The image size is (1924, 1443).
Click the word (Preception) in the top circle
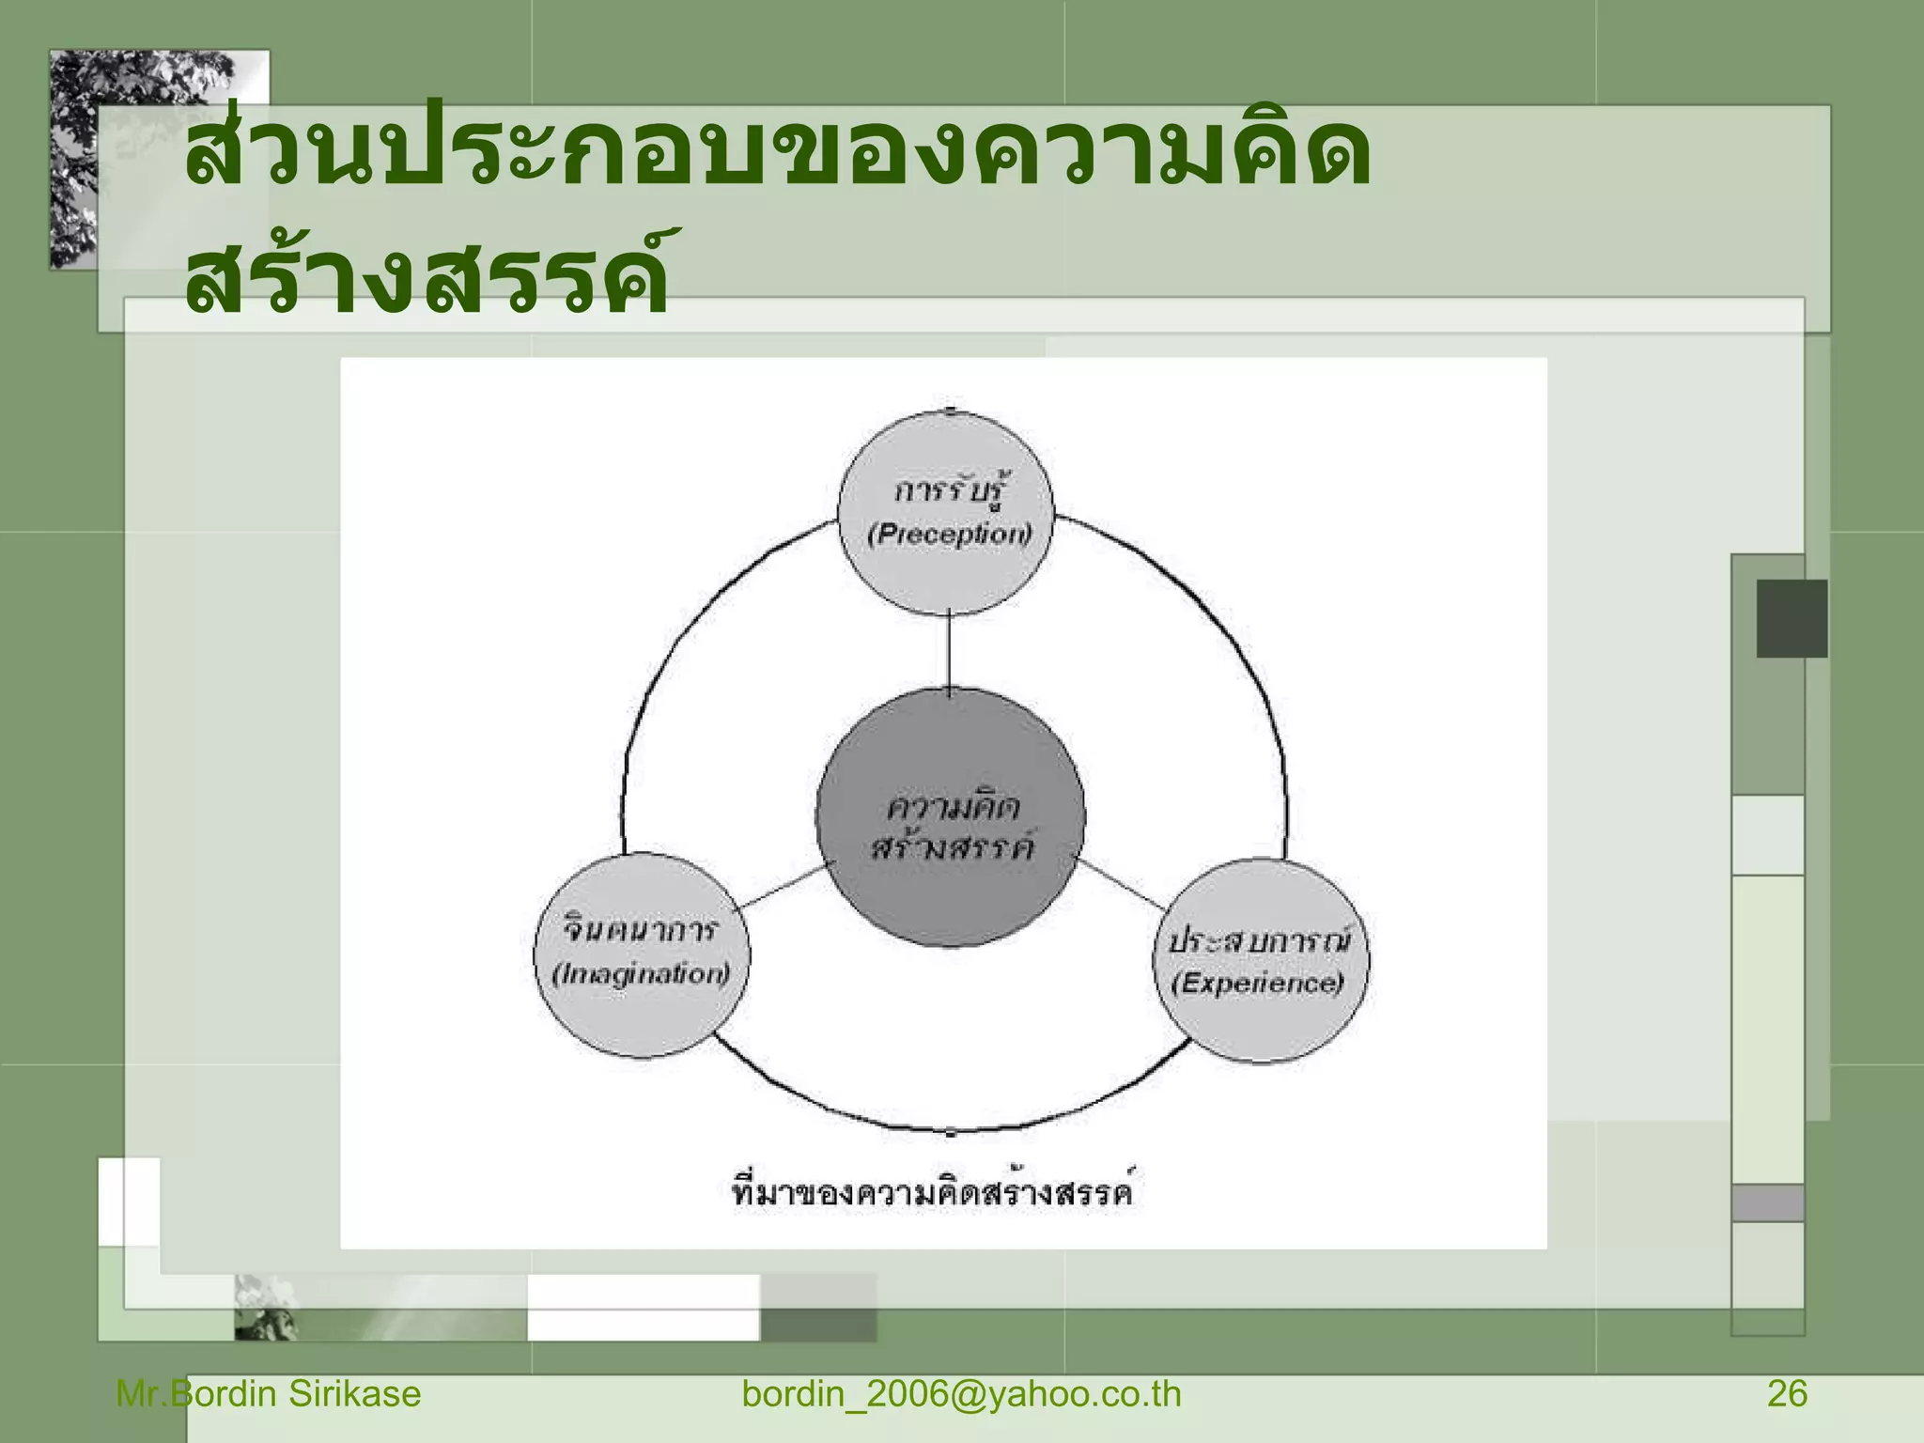(949, 535)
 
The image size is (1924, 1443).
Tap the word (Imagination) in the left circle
(642, 973)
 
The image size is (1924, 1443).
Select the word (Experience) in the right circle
(1258, 983)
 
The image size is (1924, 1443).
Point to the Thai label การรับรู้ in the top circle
(951, 490)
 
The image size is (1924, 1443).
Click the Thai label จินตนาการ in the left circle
(642, 929)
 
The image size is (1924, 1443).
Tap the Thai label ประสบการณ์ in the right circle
(1260, 939)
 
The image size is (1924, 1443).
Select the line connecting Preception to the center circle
(949, 651)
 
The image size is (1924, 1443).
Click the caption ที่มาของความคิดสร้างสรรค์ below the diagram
(933, 1191)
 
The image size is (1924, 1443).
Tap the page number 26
(1787, 1394)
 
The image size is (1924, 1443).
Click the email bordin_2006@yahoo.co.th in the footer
(961, 1394)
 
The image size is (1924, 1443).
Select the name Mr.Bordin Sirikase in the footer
(269, 1394)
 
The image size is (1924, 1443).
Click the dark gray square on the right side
(1792, 618)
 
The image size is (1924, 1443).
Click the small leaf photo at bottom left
(266, 1308)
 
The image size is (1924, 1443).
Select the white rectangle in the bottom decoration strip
(643, 1307)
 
